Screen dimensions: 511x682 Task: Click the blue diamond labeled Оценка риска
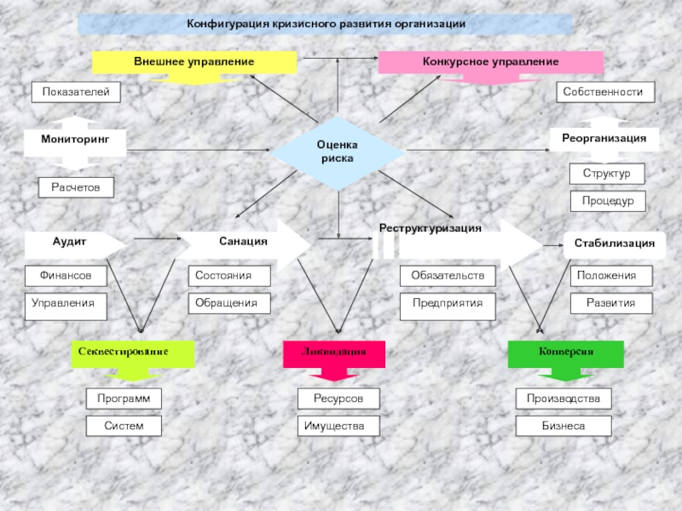tap(338, 153)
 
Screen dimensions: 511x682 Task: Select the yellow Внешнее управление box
tap(194, 62)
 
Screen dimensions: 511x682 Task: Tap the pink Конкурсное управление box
tap(490, 62)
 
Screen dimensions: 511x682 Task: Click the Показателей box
tap(76, 92)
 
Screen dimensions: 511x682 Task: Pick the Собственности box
tap(605, 92)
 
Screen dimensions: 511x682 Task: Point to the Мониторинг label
tap(75, 138)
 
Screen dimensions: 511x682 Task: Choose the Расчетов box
tap(76, 187)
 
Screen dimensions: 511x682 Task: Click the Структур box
tap(607, 174)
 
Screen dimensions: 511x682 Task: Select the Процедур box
tap(607, 201)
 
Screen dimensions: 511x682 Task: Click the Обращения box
tap(229, 303)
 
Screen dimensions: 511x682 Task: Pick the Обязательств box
tap(448, 276)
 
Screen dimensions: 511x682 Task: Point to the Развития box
tap(610, 303)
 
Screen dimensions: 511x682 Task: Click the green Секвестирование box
tap(132, 352)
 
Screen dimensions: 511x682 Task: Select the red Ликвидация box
tap(332, 352)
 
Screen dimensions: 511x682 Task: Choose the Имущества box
tap(338, 425)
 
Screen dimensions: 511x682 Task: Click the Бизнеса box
tap(564, 425)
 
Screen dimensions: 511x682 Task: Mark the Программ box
tap(124, 399)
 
